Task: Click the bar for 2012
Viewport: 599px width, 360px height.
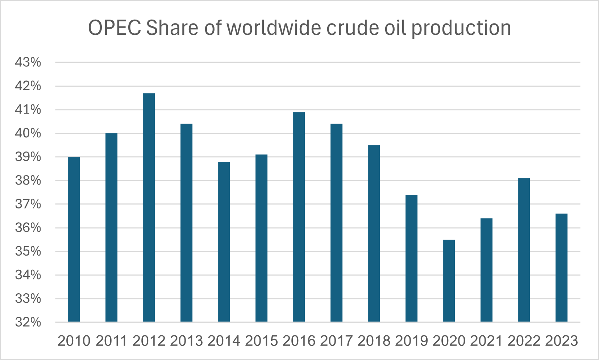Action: pyautogui.click(x=149, y=207)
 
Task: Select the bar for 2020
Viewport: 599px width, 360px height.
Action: pyautogui.click(x=449, y=281)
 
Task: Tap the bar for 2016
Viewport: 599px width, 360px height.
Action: pyautogui.click(x=299, y=217)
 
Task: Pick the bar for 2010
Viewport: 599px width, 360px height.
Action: pyautogui.click(x=74, y=239)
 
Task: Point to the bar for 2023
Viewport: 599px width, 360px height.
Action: pyautogui.click(x=561, y=268)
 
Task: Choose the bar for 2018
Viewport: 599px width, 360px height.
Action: pyautogui.click(x=374, y=233)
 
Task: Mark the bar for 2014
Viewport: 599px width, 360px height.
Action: pyautogui.click(x=224, y=241)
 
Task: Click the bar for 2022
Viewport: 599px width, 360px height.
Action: pyautogui.click(x=524, y=250)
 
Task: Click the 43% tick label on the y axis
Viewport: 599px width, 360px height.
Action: pyautogui.click(x=28, y=62)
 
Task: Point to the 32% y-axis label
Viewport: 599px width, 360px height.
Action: pyautogui.click(x=28, y=322)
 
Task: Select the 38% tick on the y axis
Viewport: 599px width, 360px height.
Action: pyautogui.click(x=28, y=181)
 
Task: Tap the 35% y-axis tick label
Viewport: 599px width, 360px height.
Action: pyautogui.click(x=28, y=251)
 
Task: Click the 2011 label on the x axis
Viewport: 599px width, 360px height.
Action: pyautogui.click(x=112, y=341)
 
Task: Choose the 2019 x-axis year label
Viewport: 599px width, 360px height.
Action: pyautogui.click(x=411, y=341)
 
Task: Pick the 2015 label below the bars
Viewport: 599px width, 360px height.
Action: pyautogui.click(x=261, y=341)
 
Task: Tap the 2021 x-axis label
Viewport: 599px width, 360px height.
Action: pyautogui.click(x=486, y=341)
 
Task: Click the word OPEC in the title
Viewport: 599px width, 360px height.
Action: pyautogui.click(x=115, y=28)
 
